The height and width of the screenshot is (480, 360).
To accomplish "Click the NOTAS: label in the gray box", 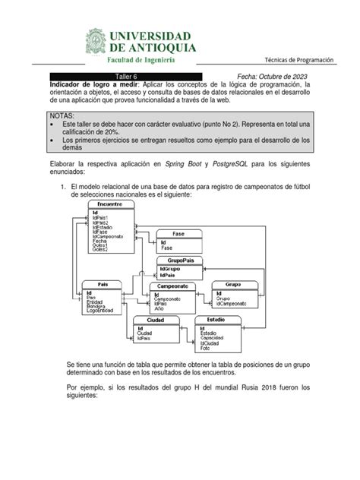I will click(x=62, y=115).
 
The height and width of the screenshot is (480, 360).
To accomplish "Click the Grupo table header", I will click(x=232, y=286).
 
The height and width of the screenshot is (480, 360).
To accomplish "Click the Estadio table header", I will click(x=216, y=320).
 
